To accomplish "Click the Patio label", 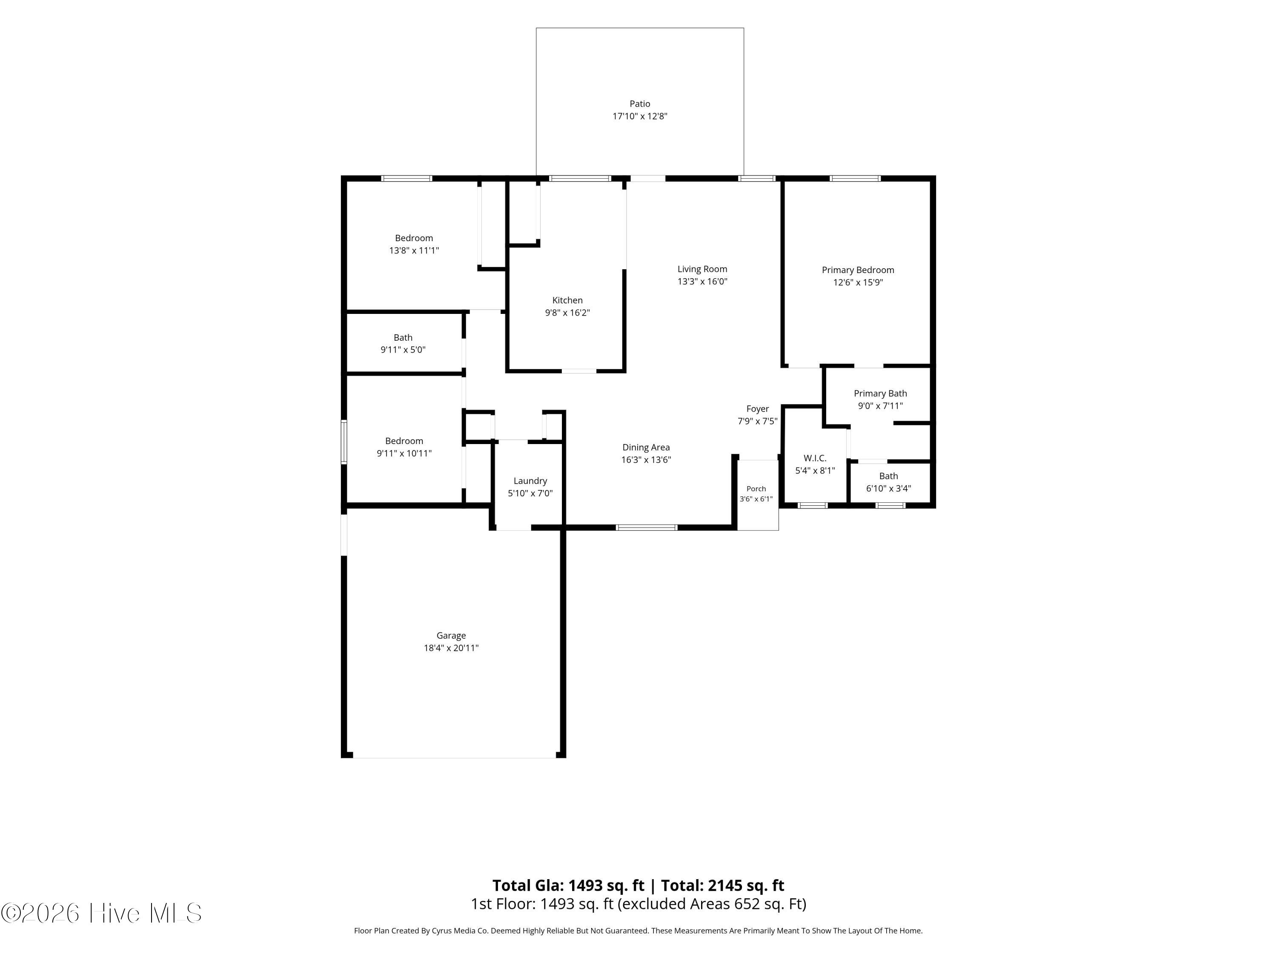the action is click(640, 104).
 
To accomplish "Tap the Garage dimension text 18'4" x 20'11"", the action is click(451, 648).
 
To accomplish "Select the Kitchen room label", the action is click(567, 300).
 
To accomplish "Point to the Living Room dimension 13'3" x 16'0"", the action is click(702, 282).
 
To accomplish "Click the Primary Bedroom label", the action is click(858, 270).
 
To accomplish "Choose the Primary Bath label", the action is click(880, 393).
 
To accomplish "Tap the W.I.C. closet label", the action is click(815, 458).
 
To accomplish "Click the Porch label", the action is click(756, 489).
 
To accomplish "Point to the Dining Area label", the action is click(646, 447).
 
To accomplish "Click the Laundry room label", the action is click(530, 481).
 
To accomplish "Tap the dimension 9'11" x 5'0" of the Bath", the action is click(403, 350).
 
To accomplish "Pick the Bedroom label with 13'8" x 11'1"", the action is click(414, 238).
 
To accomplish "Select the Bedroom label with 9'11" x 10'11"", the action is click(404, 441).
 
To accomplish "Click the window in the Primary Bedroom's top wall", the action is click(855, 178).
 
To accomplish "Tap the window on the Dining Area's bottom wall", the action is click(647, 527).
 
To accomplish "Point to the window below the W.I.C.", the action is click(813, 506).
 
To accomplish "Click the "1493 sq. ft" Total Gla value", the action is click(606, 886).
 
